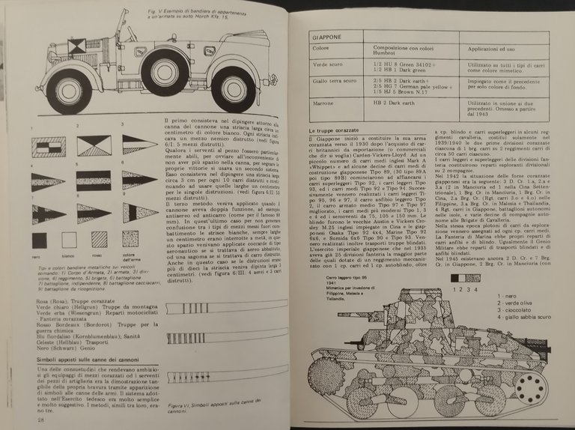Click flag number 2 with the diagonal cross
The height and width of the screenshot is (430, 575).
click(94, 146)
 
